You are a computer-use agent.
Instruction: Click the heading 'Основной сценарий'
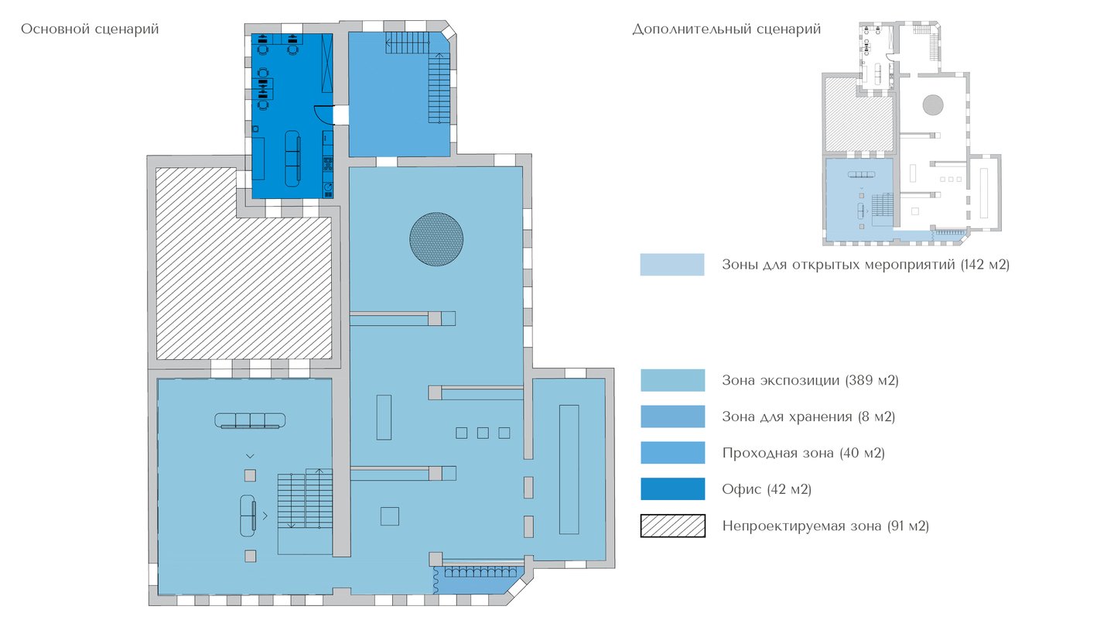tap(90, 29)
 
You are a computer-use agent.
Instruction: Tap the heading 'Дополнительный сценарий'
tap(726, 29)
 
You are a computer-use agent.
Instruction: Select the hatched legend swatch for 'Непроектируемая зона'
tap(672, 526)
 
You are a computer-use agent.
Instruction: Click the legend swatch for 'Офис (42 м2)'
tap(672, 488)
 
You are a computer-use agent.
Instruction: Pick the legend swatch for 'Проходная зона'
tap(672, 452)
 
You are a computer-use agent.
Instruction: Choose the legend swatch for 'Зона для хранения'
tap(672, 416)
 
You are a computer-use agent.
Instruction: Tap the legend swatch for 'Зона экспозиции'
tap(672, 379)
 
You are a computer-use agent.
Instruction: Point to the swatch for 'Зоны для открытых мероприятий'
tap(671, 264)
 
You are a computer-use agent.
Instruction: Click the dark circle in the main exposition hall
tap(436, 239)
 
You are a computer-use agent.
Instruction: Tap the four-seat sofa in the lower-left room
tap(250, 420)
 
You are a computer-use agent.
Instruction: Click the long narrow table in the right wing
tap(569, 469)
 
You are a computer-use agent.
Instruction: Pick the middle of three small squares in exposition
tap(483, 433)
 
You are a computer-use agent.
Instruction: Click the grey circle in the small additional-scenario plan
tap(933, 105)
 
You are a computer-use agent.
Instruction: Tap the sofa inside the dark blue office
tap(292, 159)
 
